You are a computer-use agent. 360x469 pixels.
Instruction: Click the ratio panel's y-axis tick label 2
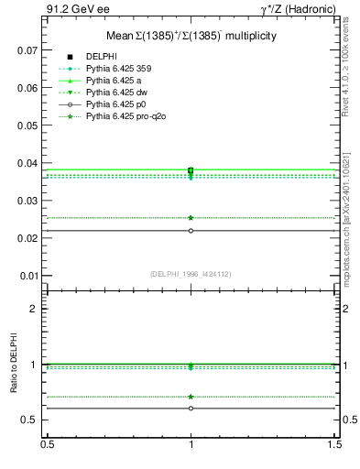(x=35, y=309)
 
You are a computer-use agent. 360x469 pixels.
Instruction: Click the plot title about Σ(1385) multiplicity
(x=191, y=35)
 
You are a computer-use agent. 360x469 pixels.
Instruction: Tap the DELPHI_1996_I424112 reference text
(x=191, y=274)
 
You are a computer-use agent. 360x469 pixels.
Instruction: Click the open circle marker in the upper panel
(x=191, y=231)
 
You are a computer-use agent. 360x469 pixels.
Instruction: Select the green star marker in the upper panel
(x=191, y=218)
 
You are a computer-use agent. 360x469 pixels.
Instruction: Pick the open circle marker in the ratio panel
(x=191, y=409)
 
